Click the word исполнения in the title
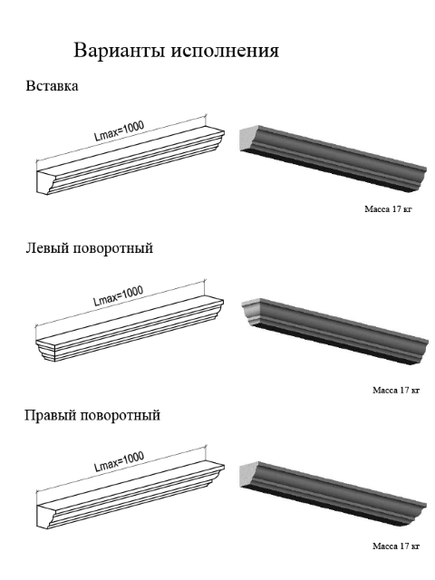225,51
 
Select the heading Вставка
52,86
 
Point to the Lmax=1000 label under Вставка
119,130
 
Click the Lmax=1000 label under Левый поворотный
118,295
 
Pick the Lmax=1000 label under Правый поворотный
119,461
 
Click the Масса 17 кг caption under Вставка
388,209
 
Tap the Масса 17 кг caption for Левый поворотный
396,390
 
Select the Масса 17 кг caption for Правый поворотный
396,546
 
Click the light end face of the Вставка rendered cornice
248,139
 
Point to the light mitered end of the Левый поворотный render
252,312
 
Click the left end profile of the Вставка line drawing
45,182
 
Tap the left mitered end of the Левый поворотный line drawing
45,349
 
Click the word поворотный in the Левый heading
113,247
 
